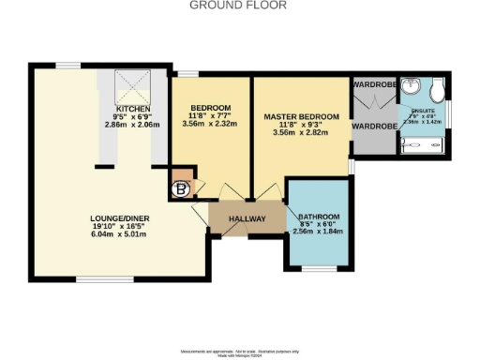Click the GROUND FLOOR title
point(238,6)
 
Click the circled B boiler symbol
point(178,187)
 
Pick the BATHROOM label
point(319,217)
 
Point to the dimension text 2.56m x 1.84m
point(319,232)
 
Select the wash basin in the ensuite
point(410,88)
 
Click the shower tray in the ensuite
point(424,144)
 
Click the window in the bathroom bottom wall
point(319,270)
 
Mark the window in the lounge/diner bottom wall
point(97,278)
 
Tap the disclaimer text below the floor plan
point(239,350)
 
